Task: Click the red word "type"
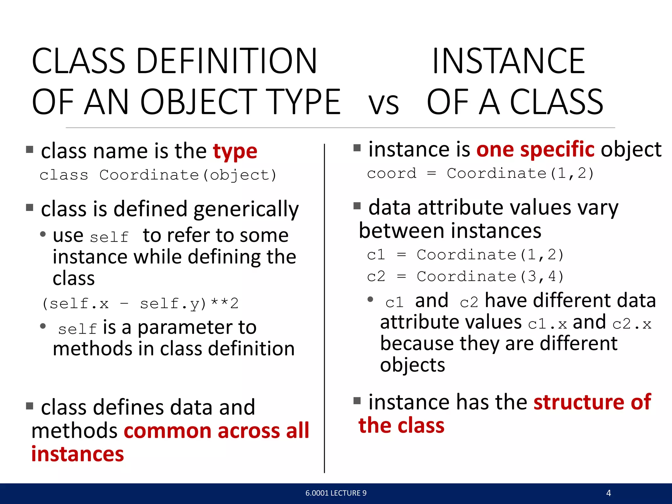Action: click(235, 152)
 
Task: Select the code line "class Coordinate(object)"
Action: click(158, 175)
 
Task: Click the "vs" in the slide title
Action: click(384, 104)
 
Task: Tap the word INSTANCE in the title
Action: click(508, 61)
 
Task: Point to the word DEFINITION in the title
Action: click(226, 61)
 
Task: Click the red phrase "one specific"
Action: click(535, 150)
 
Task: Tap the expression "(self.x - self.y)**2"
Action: click(140, 304)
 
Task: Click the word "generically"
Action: click(246, 209)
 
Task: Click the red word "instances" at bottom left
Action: click(78, 454)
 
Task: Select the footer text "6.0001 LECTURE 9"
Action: click(336, 493)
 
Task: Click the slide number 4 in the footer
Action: click(608, 493)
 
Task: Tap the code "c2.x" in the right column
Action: click(632, 324)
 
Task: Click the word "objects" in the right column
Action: click(412, 365)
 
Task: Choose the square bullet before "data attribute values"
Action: click(357, 206)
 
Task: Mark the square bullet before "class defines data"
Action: click(30, 406)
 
